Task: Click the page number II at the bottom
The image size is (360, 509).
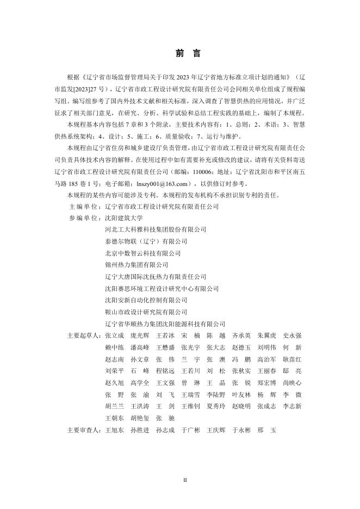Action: pos(184,480)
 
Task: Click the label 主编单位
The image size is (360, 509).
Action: pos(84,207)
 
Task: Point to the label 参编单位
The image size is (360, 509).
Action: pos(84,218)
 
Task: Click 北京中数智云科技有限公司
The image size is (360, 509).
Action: pos(142,253)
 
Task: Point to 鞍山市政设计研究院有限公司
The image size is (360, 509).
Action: pos(146,312)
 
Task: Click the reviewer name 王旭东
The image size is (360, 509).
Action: pos(114,430)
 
